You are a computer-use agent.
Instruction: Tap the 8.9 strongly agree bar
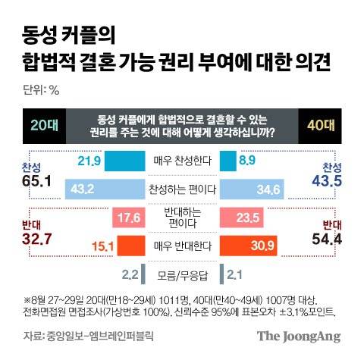tap(226, 160)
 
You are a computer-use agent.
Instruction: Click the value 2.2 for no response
tap(130, 274)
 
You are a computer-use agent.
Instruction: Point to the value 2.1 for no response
tap(234, 274)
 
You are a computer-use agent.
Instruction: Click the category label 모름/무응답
tap(182, 274)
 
